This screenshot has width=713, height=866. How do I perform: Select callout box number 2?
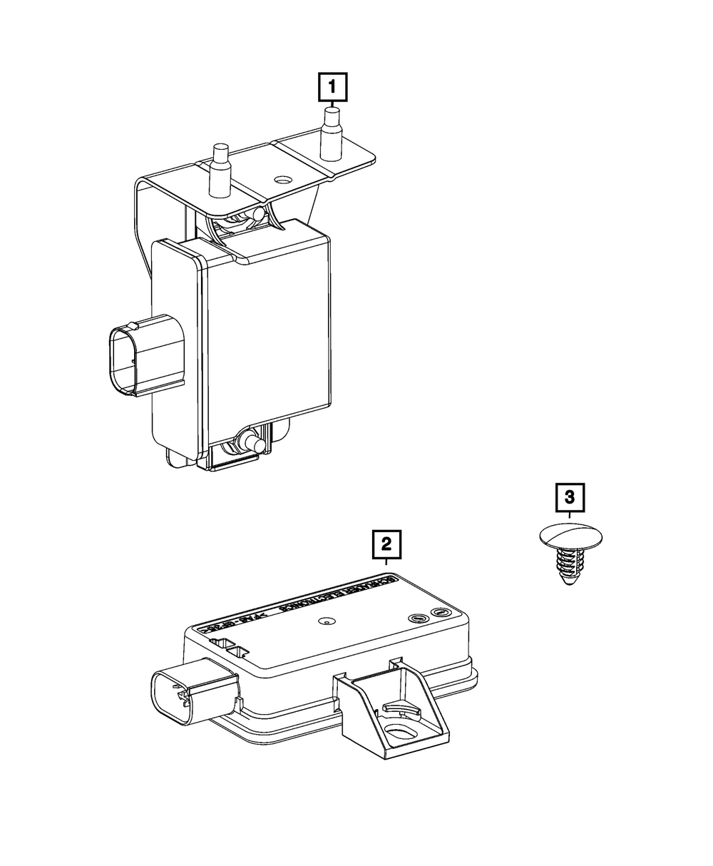(x=386, y=545)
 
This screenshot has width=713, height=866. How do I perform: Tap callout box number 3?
(x=570, y=497)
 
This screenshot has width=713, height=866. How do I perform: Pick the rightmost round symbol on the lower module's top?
(x=441, y=613)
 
